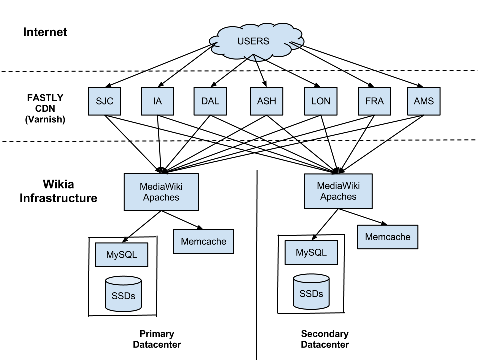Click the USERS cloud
(252, 41)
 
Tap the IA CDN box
(158, 102)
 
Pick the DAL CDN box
(210, 102)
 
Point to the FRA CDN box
(374, 102)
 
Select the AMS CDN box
(423, 102)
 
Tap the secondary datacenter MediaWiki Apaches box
(338, 191)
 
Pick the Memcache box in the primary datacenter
(203, 242)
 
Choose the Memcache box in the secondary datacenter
(387, 237)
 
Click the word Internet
(45, 33)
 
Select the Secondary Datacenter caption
(325, 339)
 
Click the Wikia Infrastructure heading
(58, 191)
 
